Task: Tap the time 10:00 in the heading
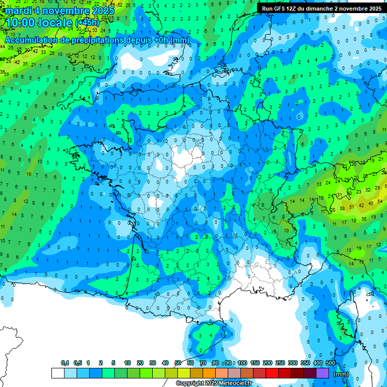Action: [x=20, y=23]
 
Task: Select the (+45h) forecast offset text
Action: [x=87, y=23]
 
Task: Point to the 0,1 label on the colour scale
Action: [x=65, y=363]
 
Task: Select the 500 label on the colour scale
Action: [x=331, y=363]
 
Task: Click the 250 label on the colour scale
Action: [x=280, y=363]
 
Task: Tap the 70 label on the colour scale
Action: [x=203, y=363]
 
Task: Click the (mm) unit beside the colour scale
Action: [x=341, y=374]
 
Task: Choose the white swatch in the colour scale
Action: [x=57, y=373]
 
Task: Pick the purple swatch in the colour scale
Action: [x=322, y=373]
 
